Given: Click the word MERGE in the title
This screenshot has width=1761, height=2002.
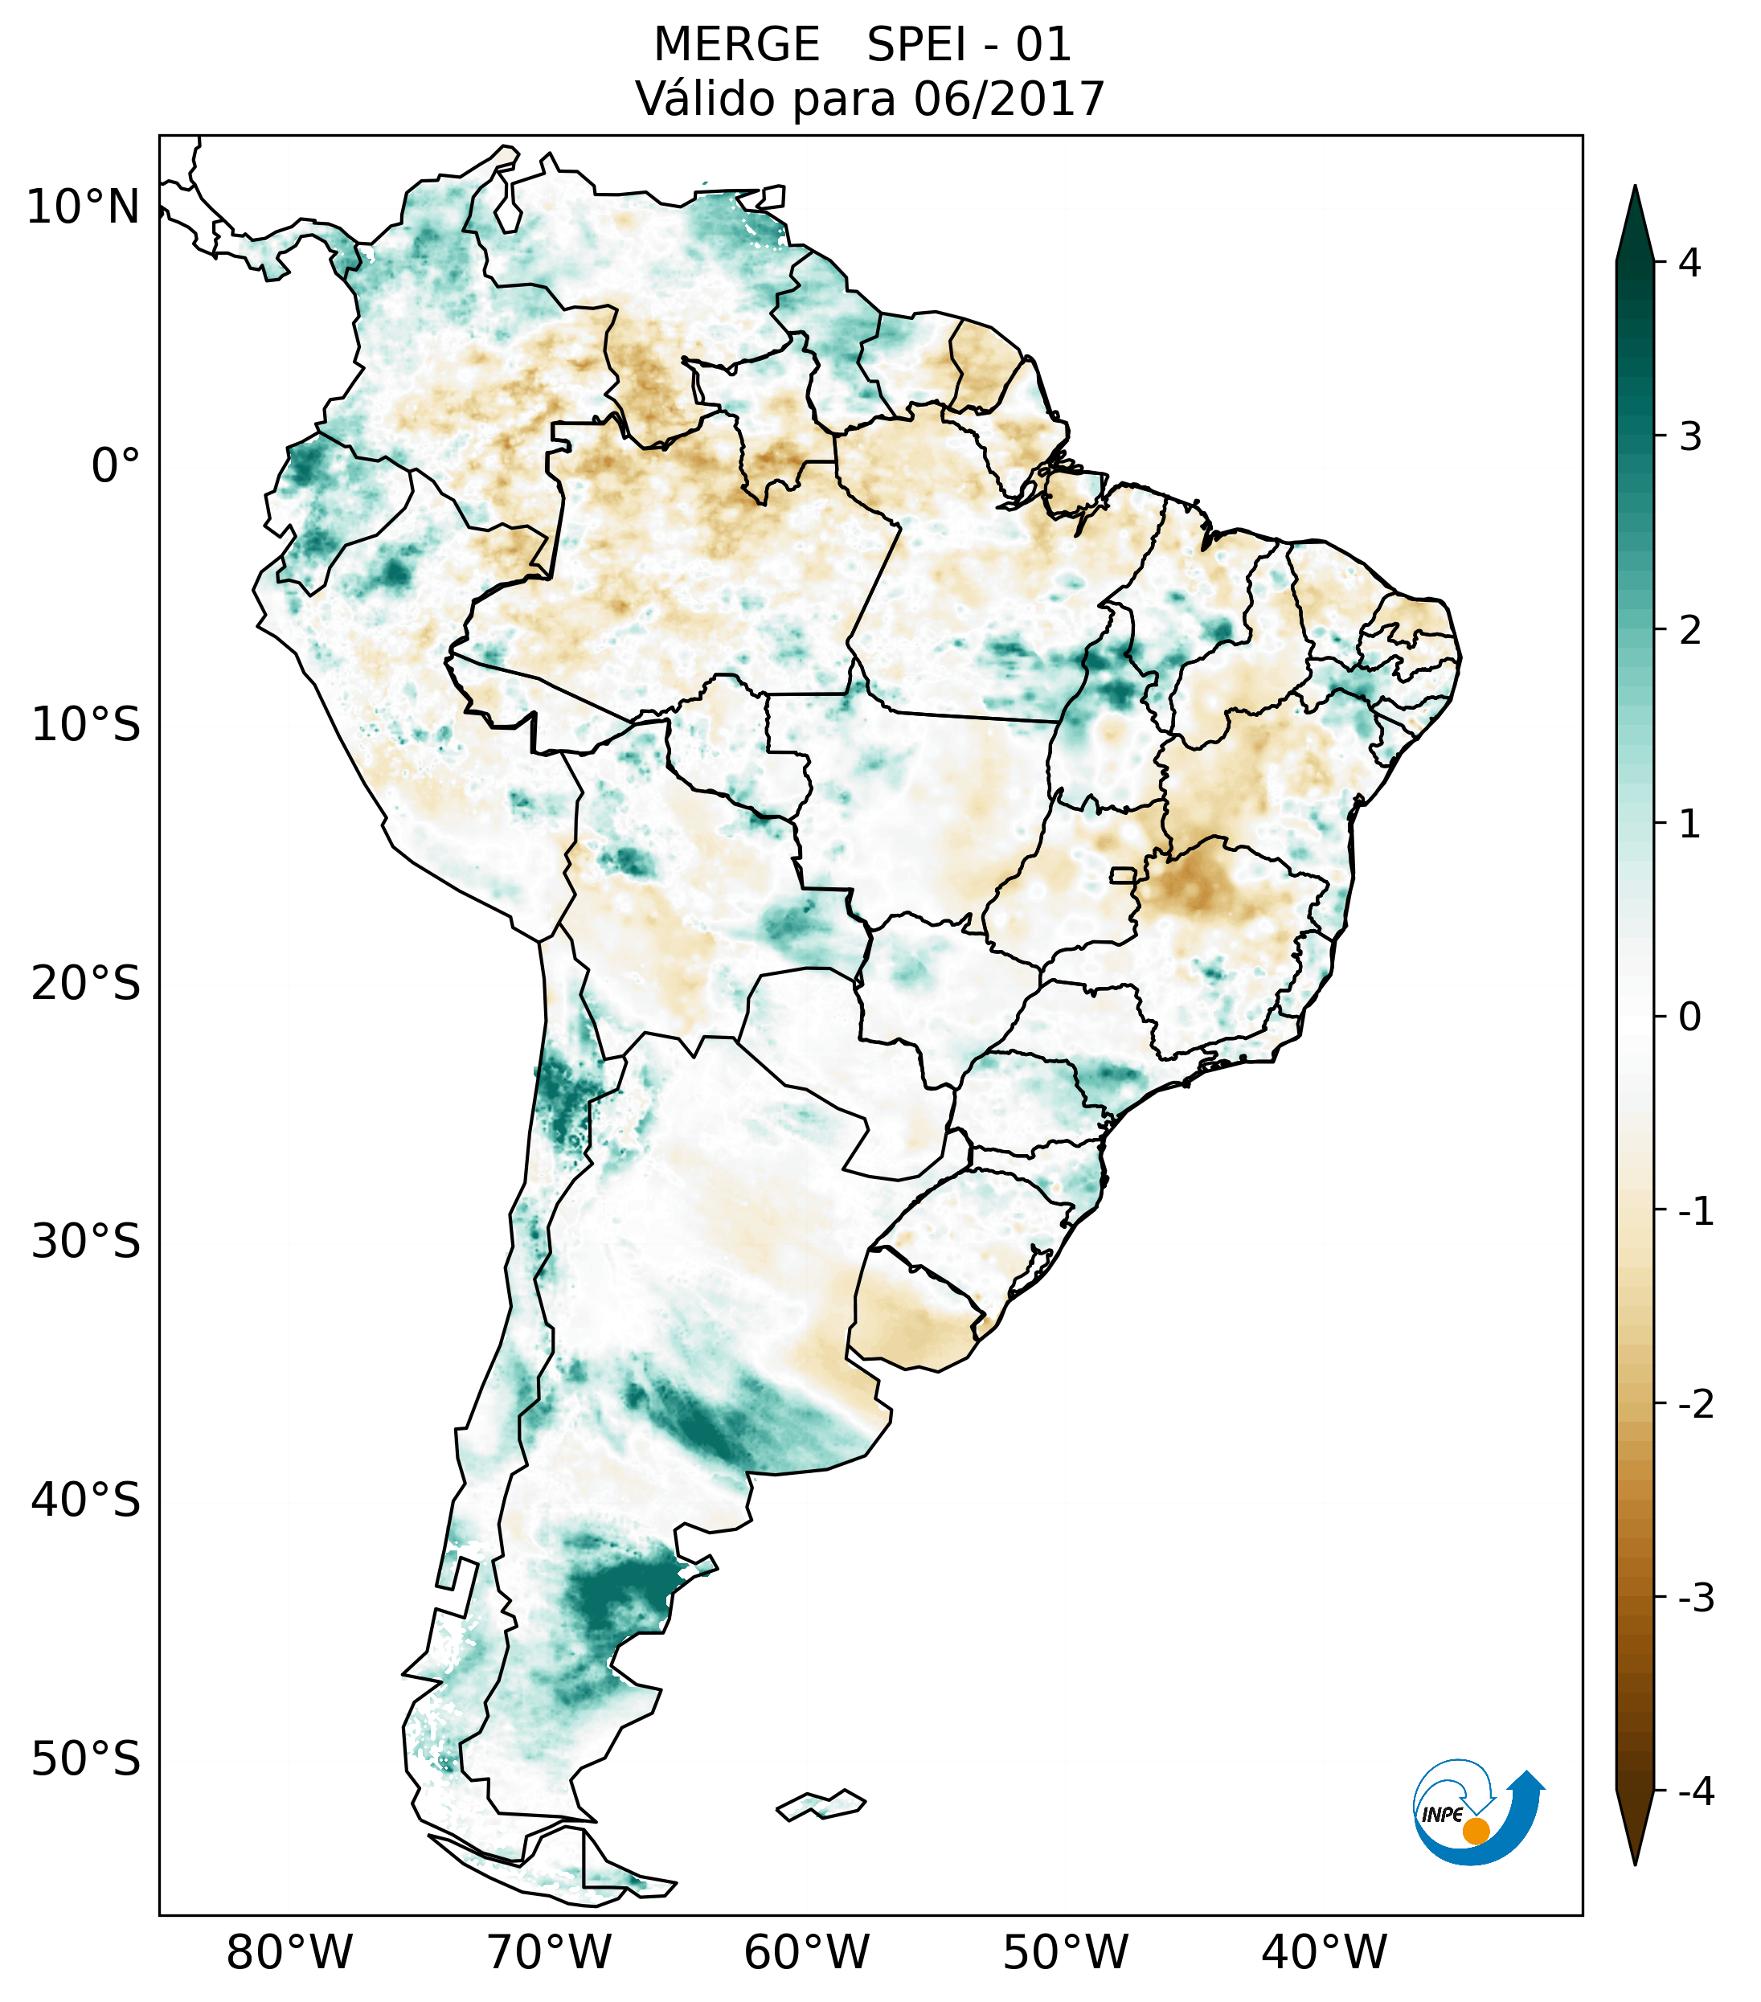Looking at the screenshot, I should (736, 45).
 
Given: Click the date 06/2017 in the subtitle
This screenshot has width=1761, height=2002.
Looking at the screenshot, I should (1009, 100).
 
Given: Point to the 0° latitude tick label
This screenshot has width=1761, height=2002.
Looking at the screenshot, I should (116, 466).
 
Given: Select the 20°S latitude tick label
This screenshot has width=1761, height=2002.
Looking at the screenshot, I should (86, 984).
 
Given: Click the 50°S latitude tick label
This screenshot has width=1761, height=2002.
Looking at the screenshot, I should (86, 1760).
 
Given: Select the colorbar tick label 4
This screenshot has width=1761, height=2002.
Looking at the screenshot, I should (1689, 263).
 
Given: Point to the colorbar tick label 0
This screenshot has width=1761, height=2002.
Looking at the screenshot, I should (1689, 1017).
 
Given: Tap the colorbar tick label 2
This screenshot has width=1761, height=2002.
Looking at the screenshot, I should (1689, 631).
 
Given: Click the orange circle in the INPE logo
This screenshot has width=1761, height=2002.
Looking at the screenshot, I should (1476, 1831).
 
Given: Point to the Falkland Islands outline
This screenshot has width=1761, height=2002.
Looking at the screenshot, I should (821, 1804).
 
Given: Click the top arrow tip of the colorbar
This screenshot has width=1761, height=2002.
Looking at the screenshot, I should (1635, 188).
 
